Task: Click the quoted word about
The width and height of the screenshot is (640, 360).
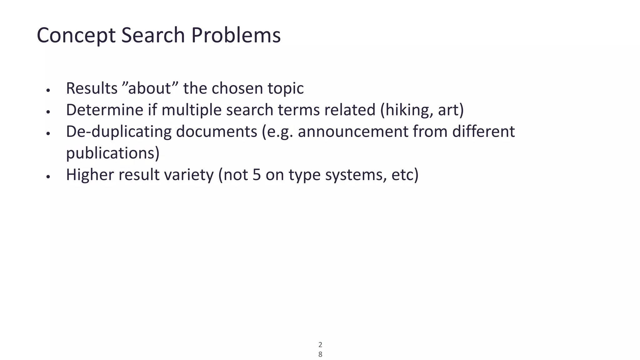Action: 150,88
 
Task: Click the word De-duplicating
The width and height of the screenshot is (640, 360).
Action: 119,132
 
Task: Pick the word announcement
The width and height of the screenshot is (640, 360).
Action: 353,132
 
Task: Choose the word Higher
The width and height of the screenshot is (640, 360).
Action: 90,175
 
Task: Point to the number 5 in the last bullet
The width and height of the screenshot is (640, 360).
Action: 256,175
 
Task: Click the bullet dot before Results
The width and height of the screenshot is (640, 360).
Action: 48,90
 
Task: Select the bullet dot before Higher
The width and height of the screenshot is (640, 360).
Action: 48,177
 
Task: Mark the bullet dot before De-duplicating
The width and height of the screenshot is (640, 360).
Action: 48,133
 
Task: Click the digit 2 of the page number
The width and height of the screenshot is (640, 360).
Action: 320,345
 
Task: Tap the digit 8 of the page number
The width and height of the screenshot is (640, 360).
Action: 320,354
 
